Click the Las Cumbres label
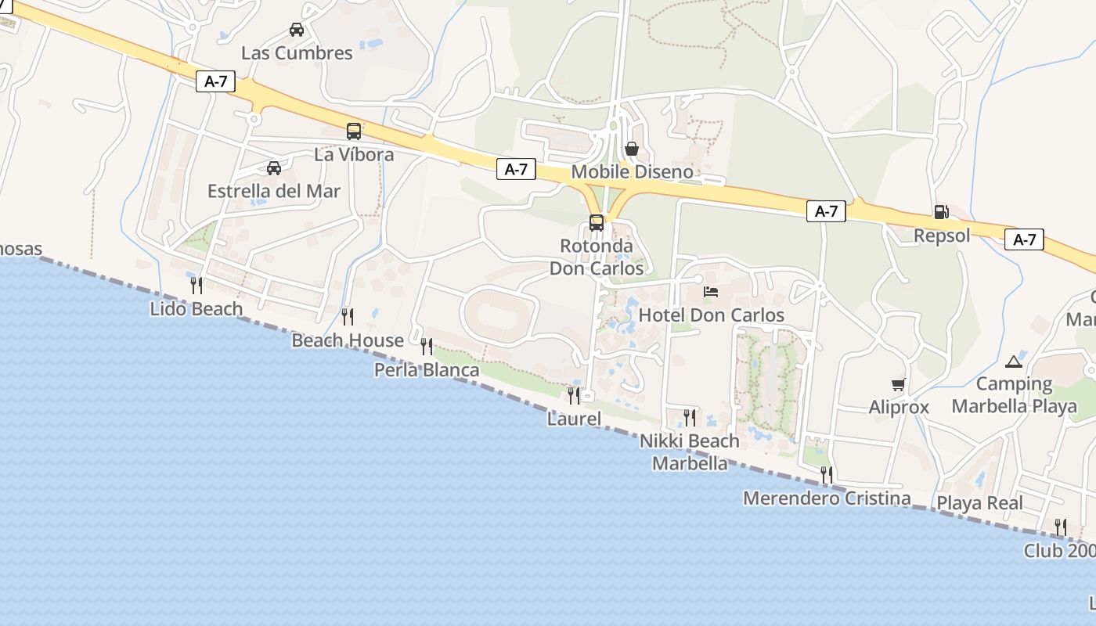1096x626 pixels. tap(297, 53)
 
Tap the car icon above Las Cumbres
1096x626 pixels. tap(297, 30)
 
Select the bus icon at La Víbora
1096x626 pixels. tap(354, 131)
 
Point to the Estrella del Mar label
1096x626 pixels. tap(274, 191)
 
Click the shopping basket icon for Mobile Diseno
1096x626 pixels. tap(632, 149)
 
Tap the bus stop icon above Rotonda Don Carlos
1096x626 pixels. tap(597, 222)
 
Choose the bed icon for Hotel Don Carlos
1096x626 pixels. tap(711, 292)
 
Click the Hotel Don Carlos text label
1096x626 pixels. tap(712, 315)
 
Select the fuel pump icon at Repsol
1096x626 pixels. tap(941, 211)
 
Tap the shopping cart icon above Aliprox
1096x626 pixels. tap(898, 384)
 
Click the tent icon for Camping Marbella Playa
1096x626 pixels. tap(1014, 362)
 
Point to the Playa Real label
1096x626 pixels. tap(980, 502)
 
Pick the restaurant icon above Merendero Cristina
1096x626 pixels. tap(826, 474)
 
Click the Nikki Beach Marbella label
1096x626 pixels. tap(690, 452)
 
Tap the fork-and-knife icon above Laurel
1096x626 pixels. tap(574, 395)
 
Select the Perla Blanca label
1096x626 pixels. tap(427, 369)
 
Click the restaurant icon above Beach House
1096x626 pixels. tap(347, 316)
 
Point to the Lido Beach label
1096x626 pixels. tap(196, 308)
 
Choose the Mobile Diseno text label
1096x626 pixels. tap(633, 171)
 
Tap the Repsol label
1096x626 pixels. tap(942, 235)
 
